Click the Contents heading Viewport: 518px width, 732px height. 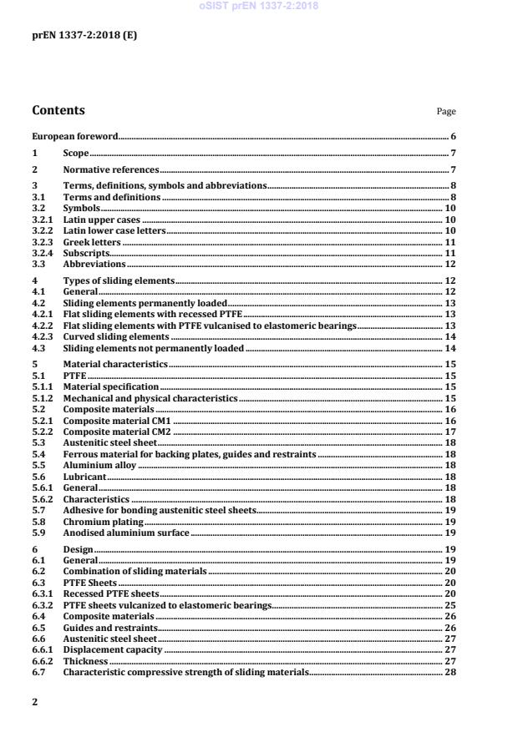click(58, 110)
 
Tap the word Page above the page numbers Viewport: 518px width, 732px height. click(446, 112)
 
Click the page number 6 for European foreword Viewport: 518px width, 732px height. click(453, 135)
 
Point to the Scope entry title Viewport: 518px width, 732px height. click(76, 153)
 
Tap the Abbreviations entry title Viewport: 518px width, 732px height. click(94, 264)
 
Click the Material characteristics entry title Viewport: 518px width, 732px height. click(116, 364)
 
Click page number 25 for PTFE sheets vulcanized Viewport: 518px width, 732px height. click(449, 604)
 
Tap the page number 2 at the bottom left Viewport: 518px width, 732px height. click(35, 702)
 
